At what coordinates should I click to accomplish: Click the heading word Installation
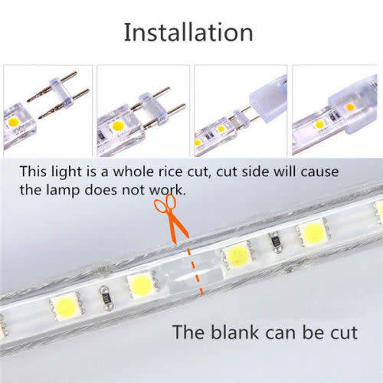point(188,32)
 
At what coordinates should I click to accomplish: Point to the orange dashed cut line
point(196,270)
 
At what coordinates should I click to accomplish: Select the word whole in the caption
point(134,172)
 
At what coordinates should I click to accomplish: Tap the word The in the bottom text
point(188,332)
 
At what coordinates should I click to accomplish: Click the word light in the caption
point(67,172)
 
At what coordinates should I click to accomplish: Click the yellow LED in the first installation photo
point(13,122)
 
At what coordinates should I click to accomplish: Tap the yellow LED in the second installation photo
point(117,126)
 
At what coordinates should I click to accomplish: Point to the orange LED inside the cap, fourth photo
point(350,107)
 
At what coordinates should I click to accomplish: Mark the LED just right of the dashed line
point(237,256)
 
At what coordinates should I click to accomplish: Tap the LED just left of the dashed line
point(141,285)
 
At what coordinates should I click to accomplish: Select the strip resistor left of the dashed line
point(106,298)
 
